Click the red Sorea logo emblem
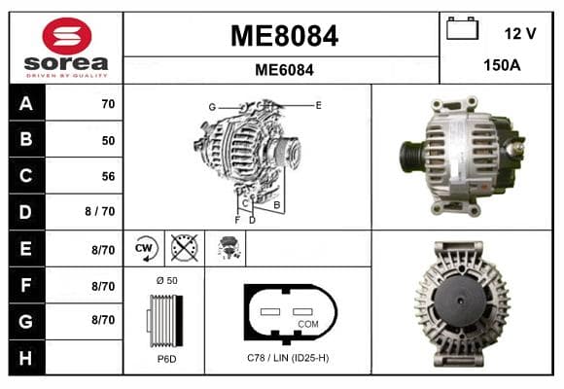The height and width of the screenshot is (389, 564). [67, 36]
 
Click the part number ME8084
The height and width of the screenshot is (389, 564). [284, 36]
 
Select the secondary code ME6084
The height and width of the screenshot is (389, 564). [284, 70]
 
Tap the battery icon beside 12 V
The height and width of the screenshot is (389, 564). [462, 28]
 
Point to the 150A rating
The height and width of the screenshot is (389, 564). [502, 65]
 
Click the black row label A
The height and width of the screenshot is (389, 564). [26, 103]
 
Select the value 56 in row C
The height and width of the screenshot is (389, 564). [108, 176]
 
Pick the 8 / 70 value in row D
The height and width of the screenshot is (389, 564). [100, 211]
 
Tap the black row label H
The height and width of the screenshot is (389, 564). [26, 358]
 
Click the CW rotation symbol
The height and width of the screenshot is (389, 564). [144, 248]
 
